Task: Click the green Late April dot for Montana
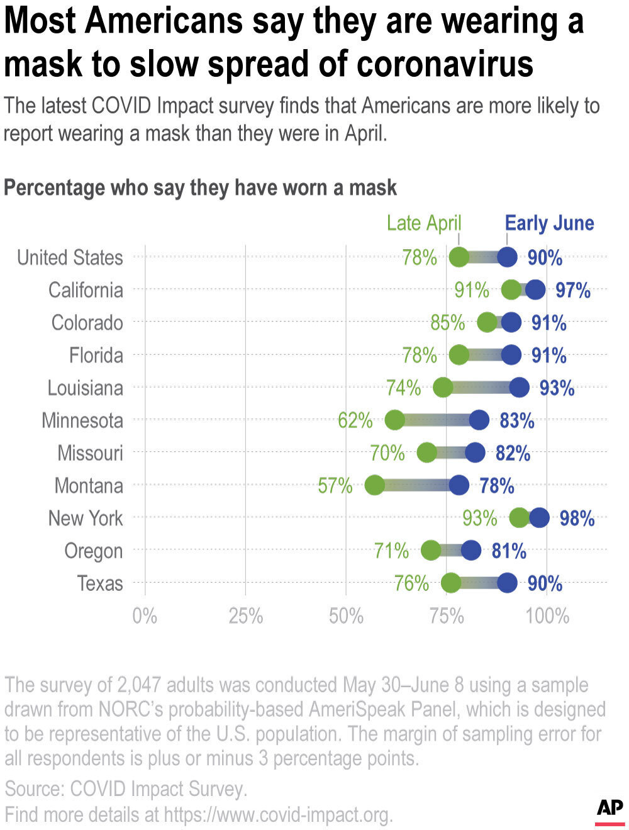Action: coord(374,485)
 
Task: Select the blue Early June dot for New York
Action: coord(539,518)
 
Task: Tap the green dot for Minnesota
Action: coord(394,420)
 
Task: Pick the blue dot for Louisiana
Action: coord(519,387)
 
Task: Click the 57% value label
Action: coord(335,486)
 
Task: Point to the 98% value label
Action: coord(577,519)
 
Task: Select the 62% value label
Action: coord(355,420)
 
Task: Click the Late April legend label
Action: coord(424,223)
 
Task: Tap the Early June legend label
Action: coord(549,223)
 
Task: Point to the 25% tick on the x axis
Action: coord(245,616)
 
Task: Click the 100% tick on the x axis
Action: coord(547,616)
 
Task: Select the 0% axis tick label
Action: coord(145,616)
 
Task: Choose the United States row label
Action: coord(70,257)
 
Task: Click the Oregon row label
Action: coord(93,551)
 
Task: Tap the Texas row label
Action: coord(99,584)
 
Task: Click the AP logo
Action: coord(610,809)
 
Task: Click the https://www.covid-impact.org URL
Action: coord(277,815)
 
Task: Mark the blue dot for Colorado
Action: coord(511,322)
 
